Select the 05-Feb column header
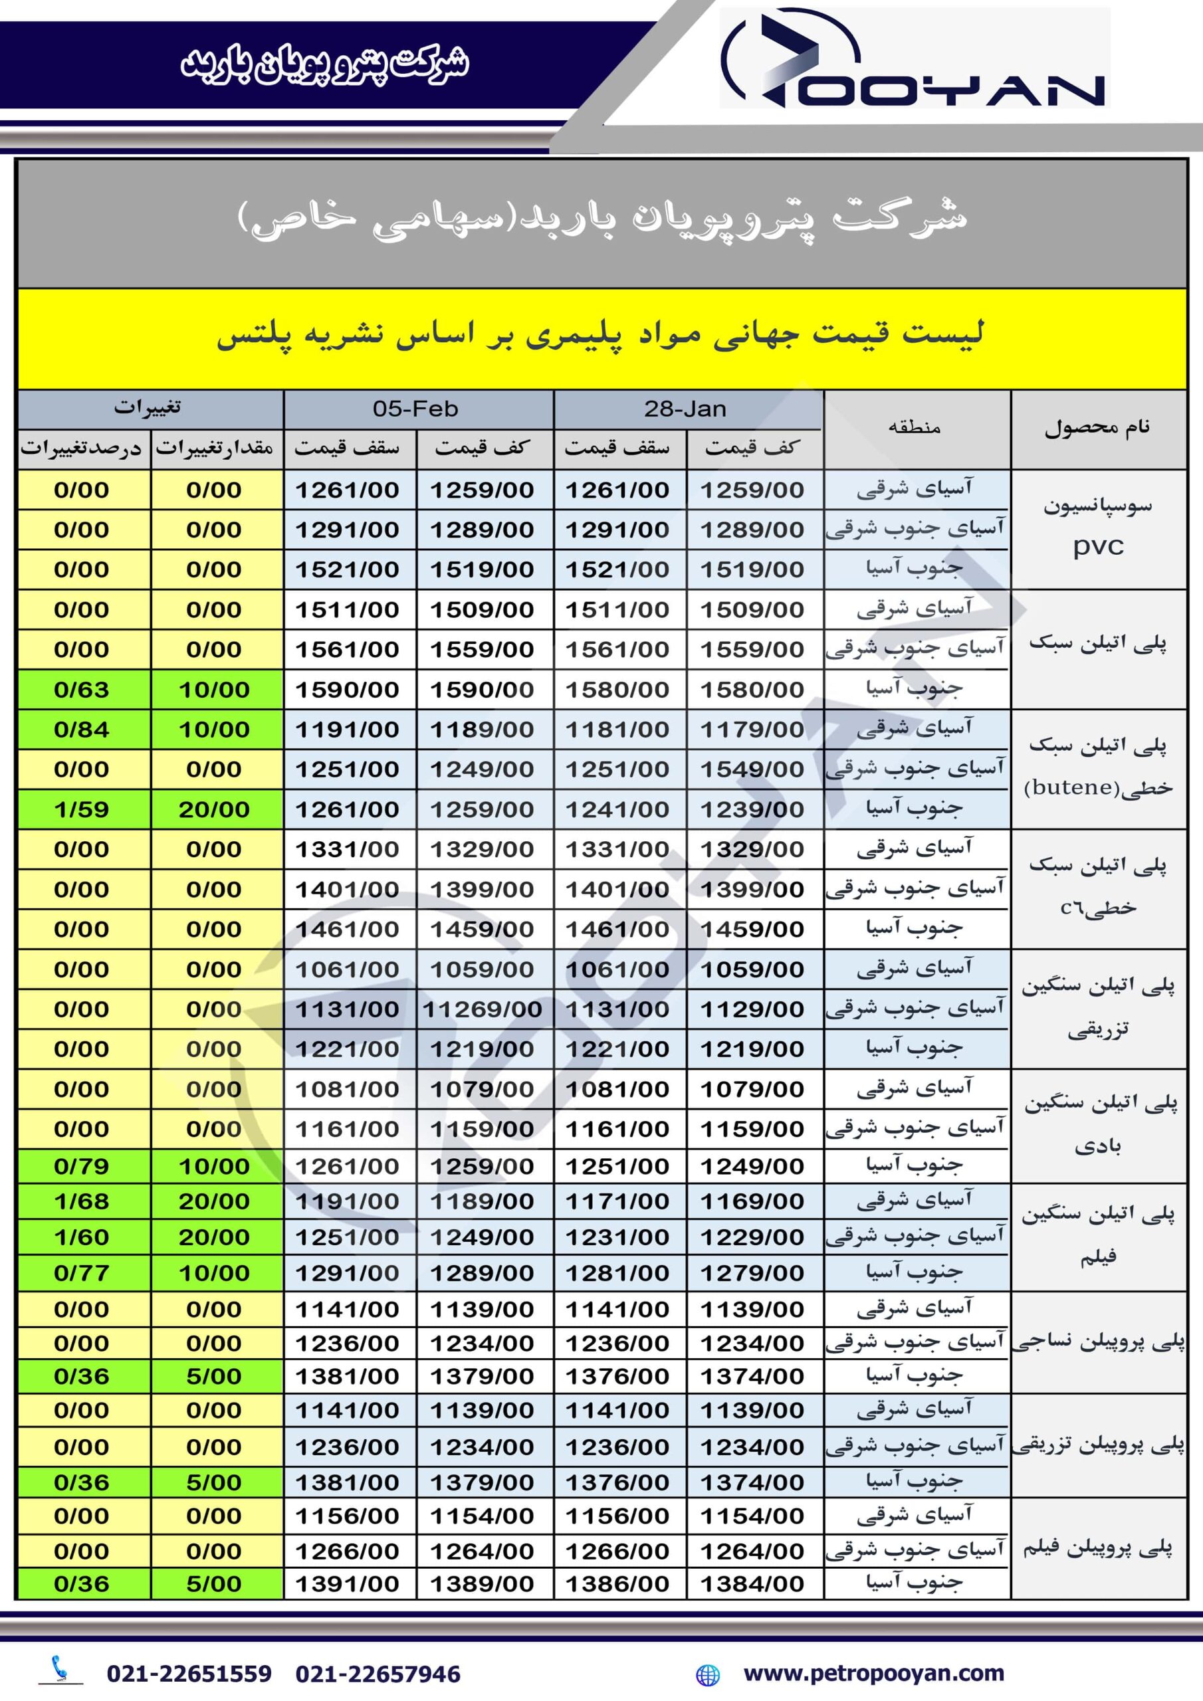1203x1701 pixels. [x=416, y=409]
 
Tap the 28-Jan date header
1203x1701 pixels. [x=686, y=409]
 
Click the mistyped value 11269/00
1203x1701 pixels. [x=482, y=1009]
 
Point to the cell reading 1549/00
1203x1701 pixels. [x=752, y=769]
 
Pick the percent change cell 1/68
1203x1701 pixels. [x=82, y=1201]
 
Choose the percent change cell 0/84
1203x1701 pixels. [x=82, y=730]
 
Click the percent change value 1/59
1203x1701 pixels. [x=82, y=809]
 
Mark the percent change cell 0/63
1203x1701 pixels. [x=82, y=690]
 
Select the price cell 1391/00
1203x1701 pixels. [x=347, y=1583]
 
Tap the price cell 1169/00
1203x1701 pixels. [x=752, y=1201]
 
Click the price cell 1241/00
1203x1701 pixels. [x=617, y=809]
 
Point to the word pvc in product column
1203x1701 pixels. [x=1099, y=547]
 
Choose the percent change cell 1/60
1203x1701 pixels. [x=82, y=1237]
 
